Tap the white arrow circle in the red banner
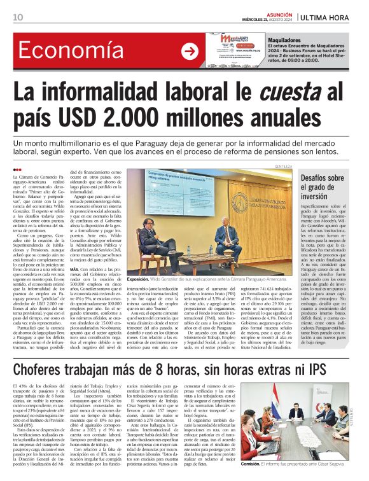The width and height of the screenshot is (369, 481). coord(190,51)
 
